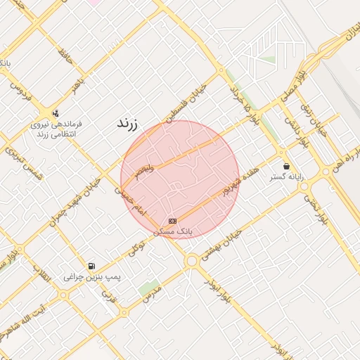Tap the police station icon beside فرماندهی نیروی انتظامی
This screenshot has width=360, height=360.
pyautogui.click(x=56, y=112)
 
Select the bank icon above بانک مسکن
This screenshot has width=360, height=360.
pyautogui.click(x=172, y=221)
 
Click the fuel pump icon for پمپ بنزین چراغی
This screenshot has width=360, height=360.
pyautogui.click(x=91, y=266)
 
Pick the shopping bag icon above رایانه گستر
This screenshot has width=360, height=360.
pyautogui.click(x=286, y=166)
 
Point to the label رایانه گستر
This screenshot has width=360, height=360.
pyautogui.click(x=286, y=177)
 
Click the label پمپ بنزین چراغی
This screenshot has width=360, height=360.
pyautogui.click(x=92, y=277)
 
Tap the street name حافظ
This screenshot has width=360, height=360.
pyautogui.click(x=66, y=51)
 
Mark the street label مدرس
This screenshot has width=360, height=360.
pyautogui.click(x=153, y=293)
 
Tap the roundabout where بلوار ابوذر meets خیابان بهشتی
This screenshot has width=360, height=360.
pyautogui.click(x=191, y=261)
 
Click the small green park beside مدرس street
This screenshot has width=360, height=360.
pyautogui.click(x=148, y=288)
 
